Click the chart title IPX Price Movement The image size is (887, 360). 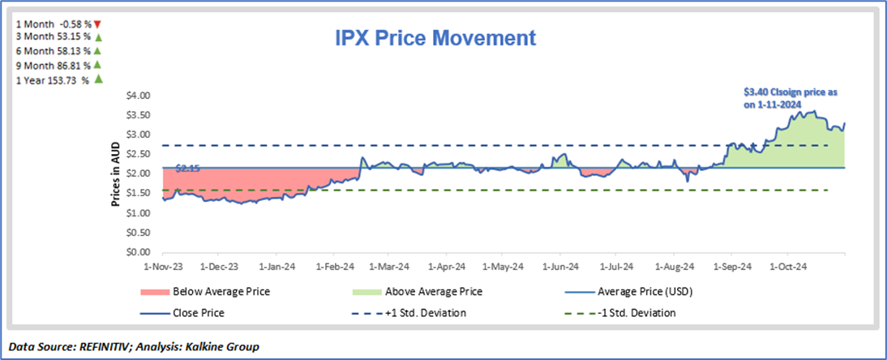coord(435,37)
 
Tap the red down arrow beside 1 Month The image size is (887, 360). coord(96,24)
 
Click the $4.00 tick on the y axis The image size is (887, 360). coord(139,96)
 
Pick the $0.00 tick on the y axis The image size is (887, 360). coord(139,252)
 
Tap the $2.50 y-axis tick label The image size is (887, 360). coord(139,154)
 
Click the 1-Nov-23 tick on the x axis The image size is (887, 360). coord(163,265)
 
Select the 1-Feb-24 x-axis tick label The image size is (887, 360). coord(335,265)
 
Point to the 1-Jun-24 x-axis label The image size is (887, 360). coord(561,265)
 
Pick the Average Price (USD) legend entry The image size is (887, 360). coord(640,292)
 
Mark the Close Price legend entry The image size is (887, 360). coord(199,313)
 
